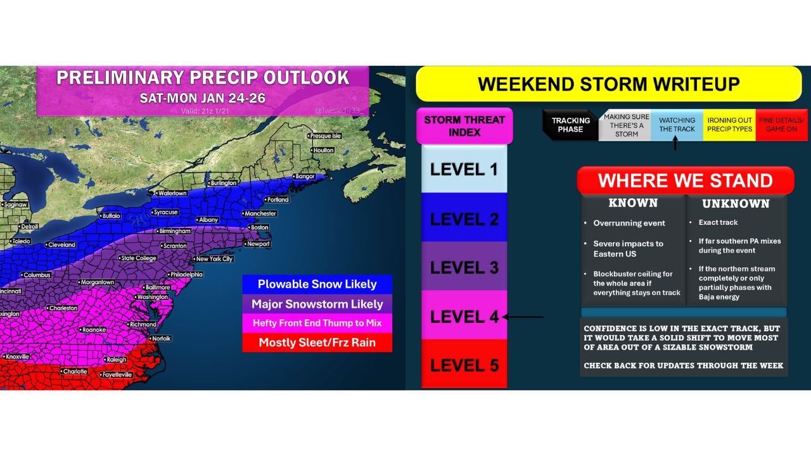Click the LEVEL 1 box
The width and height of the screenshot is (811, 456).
(x=464, y=169)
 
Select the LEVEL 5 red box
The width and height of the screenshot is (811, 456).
(x=464, y=365)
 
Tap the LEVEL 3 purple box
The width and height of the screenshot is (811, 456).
(x=464, y=267)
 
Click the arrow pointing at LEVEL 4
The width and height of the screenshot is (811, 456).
(x=523, y=317)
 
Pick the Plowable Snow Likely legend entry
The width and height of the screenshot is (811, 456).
(x=317, y=284)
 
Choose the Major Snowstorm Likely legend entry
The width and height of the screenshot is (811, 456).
(x=317, y=304)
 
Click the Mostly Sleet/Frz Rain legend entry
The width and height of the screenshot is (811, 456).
(x=317, y=343)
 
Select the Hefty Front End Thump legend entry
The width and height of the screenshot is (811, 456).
(x=317, y=323)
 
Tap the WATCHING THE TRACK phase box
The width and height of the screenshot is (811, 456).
(x=677, y=124)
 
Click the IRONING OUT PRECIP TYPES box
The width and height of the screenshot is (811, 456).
(x=729, y=124)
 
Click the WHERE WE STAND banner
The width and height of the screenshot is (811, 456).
(x=685, y=180)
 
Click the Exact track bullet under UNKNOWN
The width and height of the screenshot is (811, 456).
(x=718, y=222)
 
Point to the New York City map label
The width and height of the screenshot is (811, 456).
(x=214, y=259)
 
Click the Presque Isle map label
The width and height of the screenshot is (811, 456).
(x=325, y=136)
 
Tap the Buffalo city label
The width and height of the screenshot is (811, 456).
(x=111, y=216)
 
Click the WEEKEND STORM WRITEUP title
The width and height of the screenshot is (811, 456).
(x=608, y=84)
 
